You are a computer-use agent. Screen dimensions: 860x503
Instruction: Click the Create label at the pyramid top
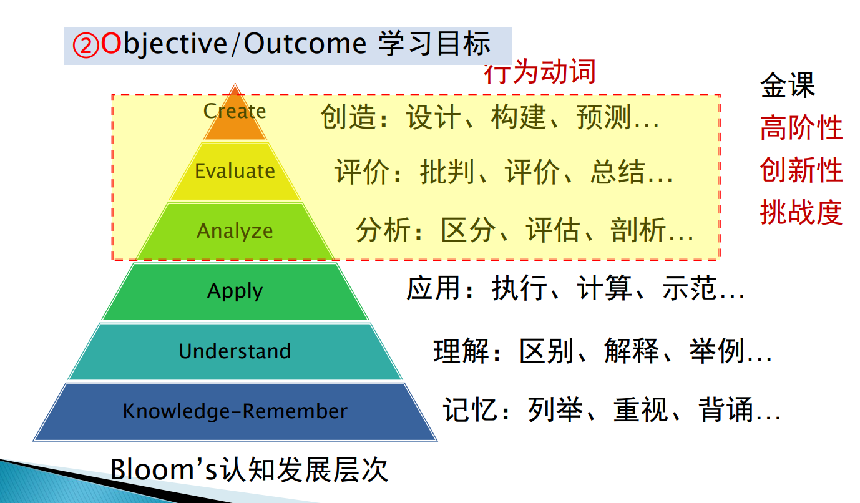point(235,111)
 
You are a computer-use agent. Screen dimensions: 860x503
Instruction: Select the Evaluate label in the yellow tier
point(235,171)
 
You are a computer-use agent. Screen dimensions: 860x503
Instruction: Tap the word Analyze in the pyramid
point(235,231)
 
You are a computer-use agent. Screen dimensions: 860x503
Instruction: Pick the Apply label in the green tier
point(235,291)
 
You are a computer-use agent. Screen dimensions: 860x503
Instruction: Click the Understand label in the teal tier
point(235,351)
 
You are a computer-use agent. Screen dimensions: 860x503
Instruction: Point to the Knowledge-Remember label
point(235,411)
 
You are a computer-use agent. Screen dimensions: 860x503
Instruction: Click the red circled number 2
point(86,46)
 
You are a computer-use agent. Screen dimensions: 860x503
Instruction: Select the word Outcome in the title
point(305,44)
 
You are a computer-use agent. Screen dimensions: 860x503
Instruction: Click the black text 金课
point(788,85)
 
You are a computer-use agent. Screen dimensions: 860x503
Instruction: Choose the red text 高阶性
point(801,127)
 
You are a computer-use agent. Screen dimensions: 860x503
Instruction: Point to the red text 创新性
point(801,170)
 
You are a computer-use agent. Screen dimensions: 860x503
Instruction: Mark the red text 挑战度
point(801,212)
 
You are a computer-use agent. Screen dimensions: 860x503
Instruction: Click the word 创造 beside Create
point(348,117)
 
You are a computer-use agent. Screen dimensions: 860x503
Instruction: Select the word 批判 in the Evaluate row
point(447,172)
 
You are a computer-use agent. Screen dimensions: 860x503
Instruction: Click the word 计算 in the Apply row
point(604,288)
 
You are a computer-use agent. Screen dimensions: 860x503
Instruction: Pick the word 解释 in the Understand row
point(632,351)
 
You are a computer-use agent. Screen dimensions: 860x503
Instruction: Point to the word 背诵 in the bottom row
point(726,409)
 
